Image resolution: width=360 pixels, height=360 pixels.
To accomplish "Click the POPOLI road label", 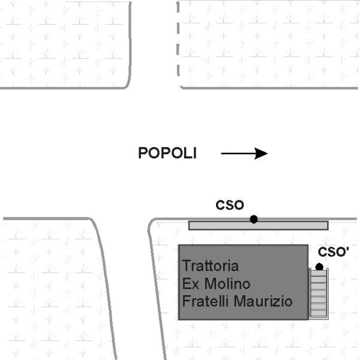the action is (167, 153).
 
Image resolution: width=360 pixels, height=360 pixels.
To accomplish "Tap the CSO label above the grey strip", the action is (230, 205).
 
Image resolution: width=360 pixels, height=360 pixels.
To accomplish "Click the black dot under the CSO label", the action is (254, 219).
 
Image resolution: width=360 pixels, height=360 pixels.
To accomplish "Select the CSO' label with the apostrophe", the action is (333, 252).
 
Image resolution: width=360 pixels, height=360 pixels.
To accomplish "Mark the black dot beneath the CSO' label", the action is (319, 266).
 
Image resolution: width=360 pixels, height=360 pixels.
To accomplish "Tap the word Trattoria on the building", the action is (211, 265).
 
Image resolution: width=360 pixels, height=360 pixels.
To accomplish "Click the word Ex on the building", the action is (191, 283).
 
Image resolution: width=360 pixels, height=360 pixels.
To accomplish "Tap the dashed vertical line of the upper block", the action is (178, 42).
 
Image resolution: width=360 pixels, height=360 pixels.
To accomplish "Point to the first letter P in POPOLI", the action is (143, 153).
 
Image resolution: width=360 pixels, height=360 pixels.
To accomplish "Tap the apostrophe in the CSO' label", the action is (347, 248).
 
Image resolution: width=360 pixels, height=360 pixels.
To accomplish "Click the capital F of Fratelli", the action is (186, 301).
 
